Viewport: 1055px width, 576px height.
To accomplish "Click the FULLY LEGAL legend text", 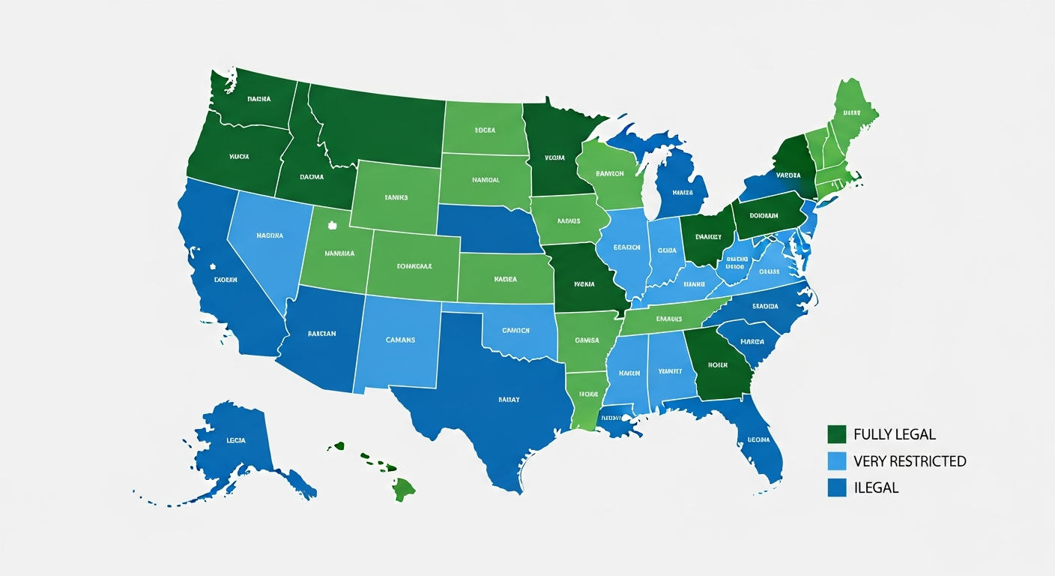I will (894, 434).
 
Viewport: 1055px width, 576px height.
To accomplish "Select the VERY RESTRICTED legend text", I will (910, 461).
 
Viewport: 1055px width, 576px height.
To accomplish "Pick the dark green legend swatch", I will (837, 434).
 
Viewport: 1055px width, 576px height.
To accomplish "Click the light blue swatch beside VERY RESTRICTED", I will (837, 460).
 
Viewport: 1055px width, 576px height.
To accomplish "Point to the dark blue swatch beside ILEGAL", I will (837, 487).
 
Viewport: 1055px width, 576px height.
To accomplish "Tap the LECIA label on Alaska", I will (235, 440).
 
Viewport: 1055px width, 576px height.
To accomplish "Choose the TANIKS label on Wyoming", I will (396, 197).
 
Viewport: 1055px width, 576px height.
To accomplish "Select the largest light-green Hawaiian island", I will (403, 489).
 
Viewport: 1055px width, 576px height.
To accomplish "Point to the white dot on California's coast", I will (213, 265).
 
